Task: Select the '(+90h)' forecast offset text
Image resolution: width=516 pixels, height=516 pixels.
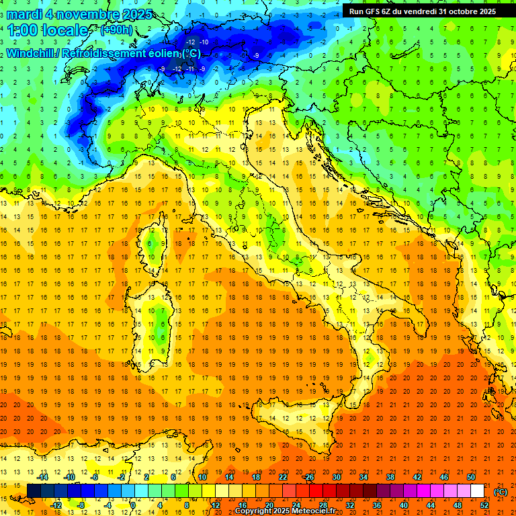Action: point(116,30)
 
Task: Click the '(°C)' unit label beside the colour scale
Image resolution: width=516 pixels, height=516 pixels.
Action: point(501,492)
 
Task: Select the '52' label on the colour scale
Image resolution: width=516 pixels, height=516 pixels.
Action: point(484,505)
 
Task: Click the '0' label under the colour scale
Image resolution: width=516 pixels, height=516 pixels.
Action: point(132,505)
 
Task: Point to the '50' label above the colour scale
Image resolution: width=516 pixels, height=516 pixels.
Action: point(470,477)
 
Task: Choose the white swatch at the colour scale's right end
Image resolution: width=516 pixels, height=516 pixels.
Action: point(477,491)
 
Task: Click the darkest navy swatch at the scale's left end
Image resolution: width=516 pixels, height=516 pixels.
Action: point(34,491)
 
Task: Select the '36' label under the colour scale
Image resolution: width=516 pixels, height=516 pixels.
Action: point(377,505)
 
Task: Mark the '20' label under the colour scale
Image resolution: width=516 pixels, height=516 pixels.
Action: point(269,505)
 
